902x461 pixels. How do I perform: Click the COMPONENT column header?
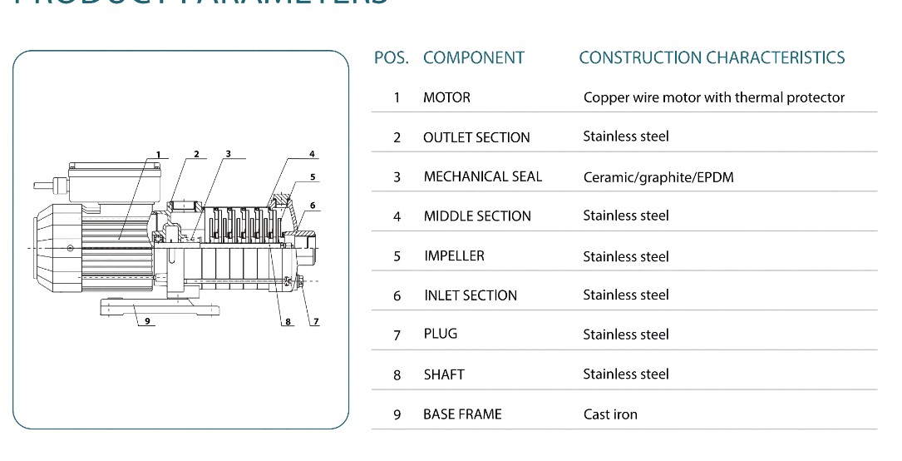coord(473,58)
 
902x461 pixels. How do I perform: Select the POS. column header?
coord(391,58)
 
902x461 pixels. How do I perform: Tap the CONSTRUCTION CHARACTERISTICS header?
coord(712,58)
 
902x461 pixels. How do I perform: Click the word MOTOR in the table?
coord(446,97)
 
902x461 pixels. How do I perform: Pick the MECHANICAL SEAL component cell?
coord(482,176)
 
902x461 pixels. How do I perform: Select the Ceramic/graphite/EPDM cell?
coord(658,177)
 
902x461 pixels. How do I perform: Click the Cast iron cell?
coord(610,414)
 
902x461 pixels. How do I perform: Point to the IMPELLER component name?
coord(454,255)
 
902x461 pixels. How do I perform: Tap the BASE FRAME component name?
coord(462,414)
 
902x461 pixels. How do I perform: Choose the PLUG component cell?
coord(440,334)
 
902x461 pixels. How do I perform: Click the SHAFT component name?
coord(444,374)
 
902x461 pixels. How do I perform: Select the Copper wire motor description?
coord(713,97)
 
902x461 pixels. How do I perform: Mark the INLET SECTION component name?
coord(470,295)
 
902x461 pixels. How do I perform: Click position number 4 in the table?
coord(397,216)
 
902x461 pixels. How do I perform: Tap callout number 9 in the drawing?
coord(145,321)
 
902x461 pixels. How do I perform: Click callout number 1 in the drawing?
coord(157,155)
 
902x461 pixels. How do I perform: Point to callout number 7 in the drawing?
coord(315,321)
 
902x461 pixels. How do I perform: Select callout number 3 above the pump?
coord(228,154)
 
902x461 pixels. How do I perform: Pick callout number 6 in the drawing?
coord(313,205)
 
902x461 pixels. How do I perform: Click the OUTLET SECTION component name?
coord(476,137)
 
